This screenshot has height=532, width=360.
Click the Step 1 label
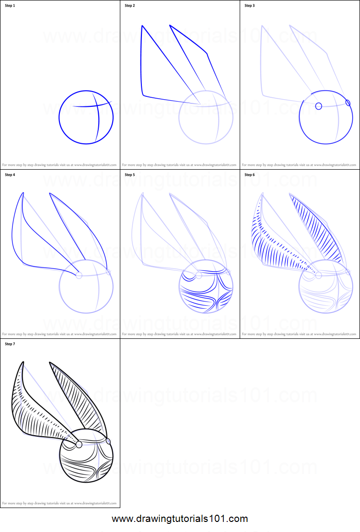10,6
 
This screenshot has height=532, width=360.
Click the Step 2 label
130,6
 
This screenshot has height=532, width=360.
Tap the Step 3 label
250,6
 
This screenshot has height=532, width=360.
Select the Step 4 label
10,175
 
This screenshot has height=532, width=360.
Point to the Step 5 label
130,175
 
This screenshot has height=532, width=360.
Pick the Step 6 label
250,175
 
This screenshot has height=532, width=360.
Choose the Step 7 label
10,344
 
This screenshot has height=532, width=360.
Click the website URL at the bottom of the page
180,519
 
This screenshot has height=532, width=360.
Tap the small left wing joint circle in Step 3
318,106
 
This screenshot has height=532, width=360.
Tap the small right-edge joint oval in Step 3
348,103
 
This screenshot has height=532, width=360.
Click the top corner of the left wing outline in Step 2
142,26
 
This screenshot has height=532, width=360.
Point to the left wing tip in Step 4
23,194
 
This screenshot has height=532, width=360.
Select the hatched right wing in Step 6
316,230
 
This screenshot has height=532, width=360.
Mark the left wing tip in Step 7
22,363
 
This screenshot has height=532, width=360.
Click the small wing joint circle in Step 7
79,444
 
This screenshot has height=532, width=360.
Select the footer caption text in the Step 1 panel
59,164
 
